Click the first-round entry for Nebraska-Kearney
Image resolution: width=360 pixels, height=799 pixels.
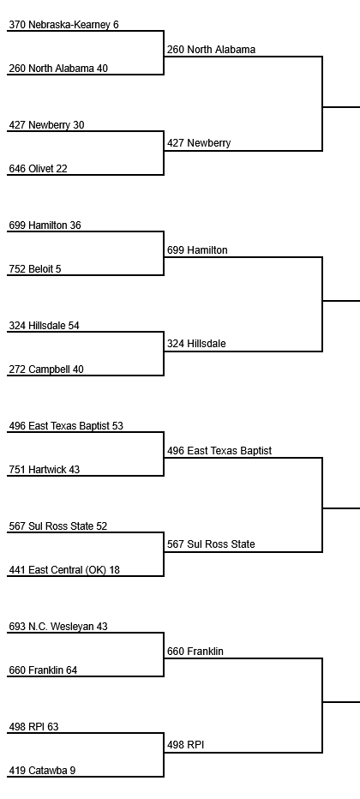[63, 25]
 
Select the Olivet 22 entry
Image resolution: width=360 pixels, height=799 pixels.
[38, 169]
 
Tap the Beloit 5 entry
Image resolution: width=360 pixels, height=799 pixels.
[34, 269]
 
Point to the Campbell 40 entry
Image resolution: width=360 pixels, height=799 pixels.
[45, 369]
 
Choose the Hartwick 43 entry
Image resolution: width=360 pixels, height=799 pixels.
[45, 470]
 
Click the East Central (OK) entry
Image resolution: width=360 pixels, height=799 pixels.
[64, 570]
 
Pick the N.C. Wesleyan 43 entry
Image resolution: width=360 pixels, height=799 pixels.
[58, 627]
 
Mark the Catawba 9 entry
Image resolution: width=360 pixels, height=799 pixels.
[42, 771]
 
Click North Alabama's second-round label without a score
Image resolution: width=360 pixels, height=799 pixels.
[212, 50]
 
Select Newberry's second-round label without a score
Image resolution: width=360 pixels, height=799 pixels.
[199, 143]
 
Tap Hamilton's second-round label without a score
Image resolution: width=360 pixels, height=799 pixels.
[197, 250]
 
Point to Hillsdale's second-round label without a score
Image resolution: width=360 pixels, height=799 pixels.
[196, 344]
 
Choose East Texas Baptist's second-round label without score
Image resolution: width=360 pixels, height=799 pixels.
[219, 451]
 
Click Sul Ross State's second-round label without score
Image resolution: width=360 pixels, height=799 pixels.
[211, 544]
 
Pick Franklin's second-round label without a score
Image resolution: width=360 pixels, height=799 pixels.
[195, 652]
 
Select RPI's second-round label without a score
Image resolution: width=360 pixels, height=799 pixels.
[185, 745]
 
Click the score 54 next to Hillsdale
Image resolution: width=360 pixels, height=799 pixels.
[74, 326]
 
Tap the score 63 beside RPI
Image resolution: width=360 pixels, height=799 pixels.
[53, 727]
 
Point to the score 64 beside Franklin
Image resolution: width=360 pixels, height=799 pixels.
[71, 670]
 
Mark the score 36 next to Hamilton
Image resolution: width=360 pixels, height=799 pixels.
[75, 225]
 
